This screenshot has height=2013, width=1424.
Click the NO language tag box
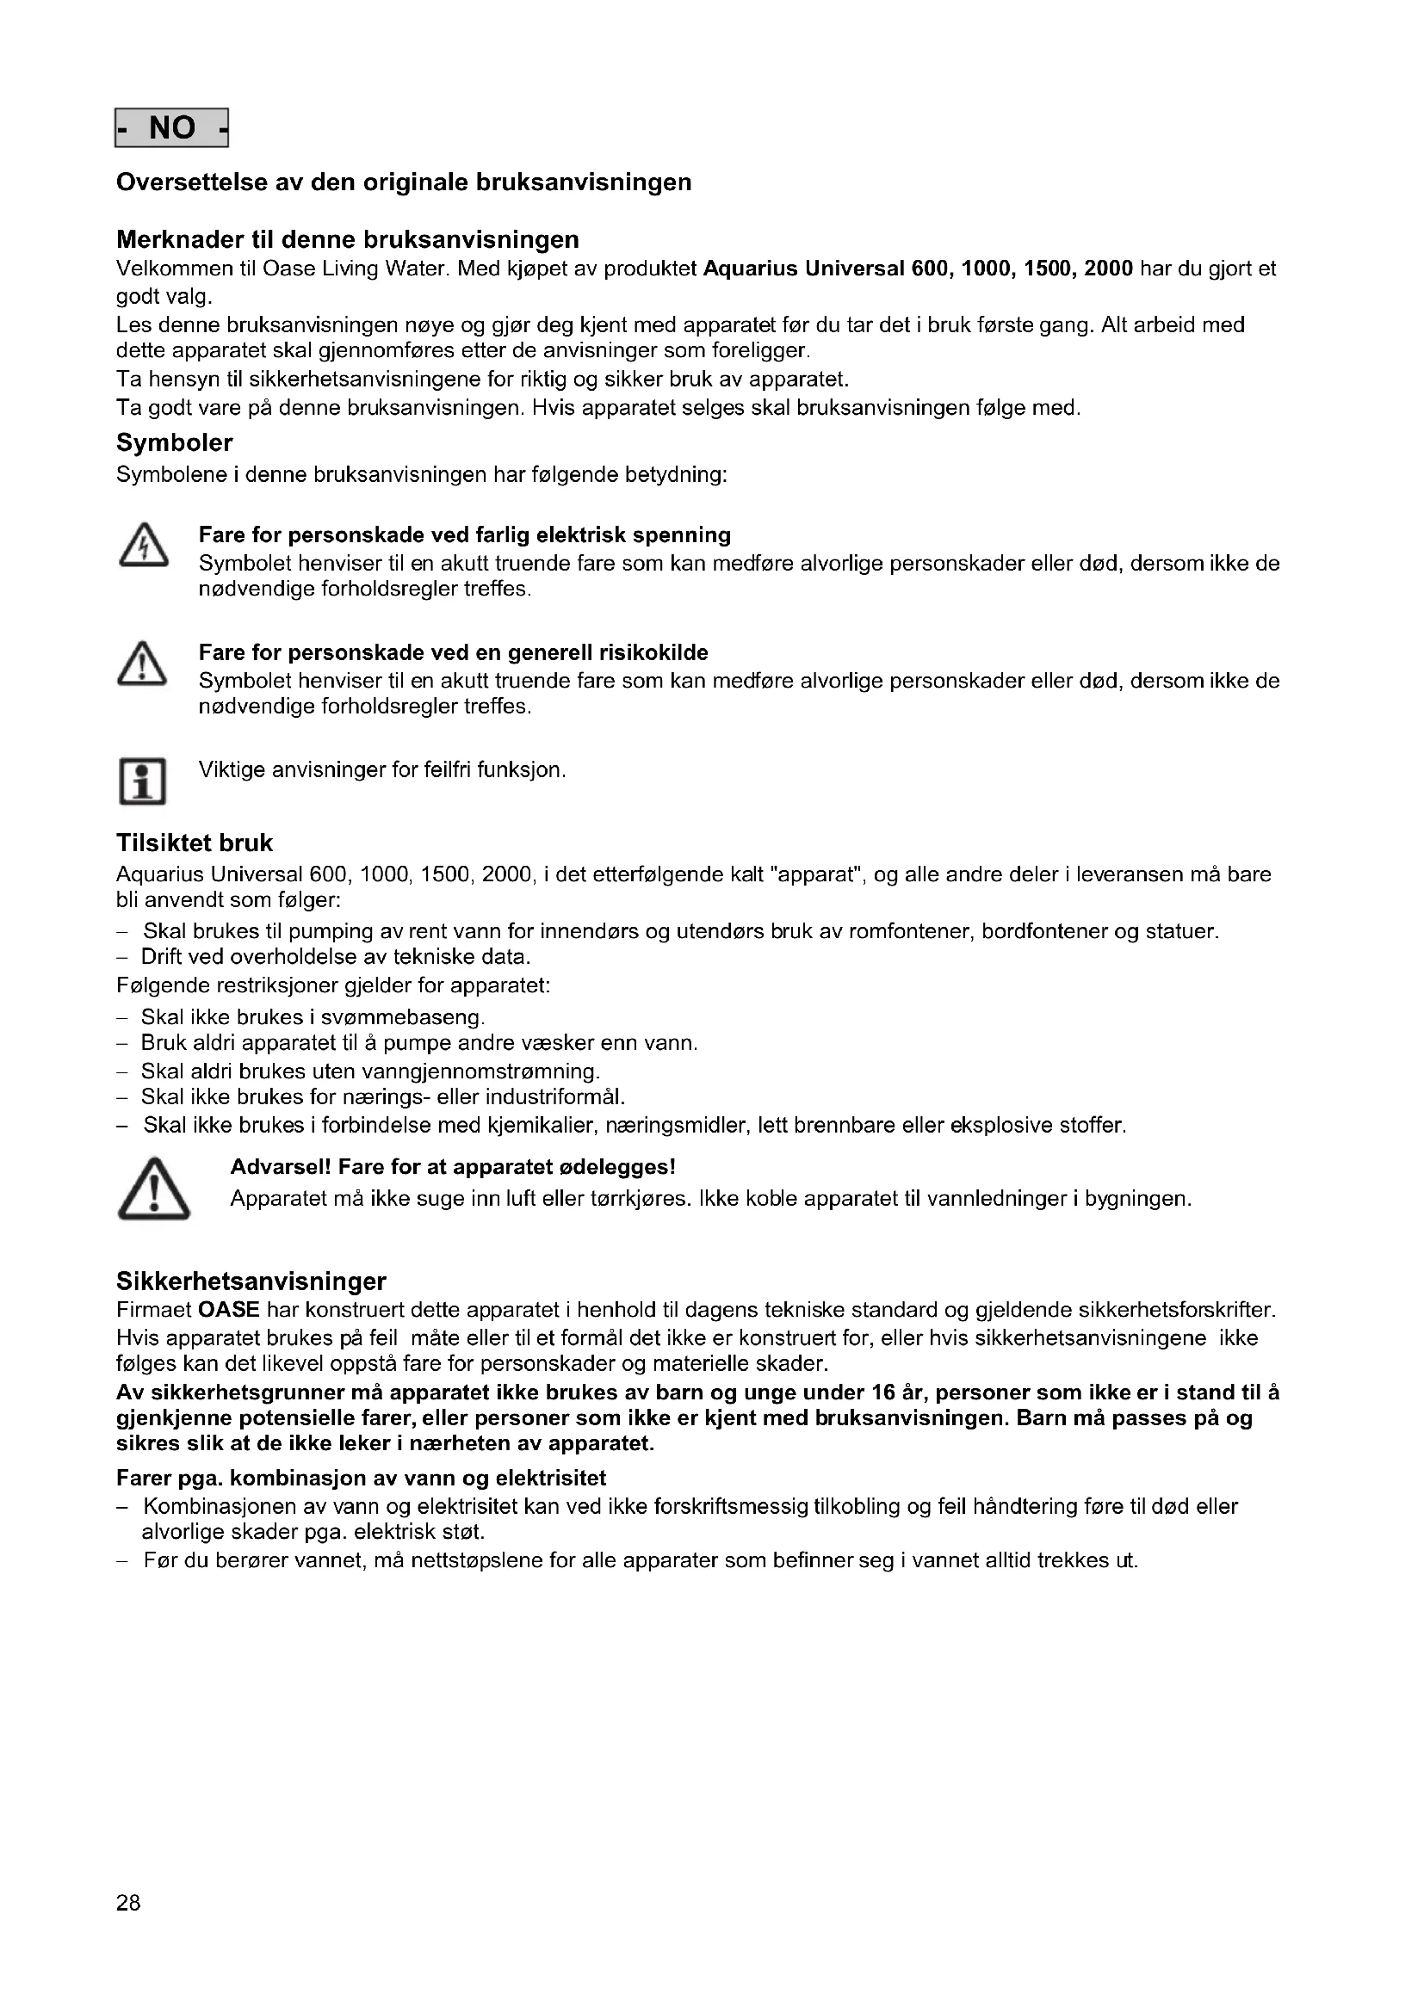pyautogui.click(x=172, y=128)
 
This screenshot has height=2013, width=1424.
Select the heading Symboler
pyautogui.click(x=175, y=442)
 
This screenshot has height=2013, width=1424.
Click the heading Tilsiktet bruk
pyautogui.click(x=195, y=843)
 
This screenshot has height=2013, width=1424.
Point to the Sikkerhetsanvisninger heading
pyautogui.click(x=251, y=1281)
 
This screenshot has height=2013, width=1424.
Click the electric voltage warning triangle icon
pyautogui.click(x=143, y=548)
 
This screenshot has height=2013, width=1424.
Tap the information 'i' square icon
pyautogui.click(x=142, y=781)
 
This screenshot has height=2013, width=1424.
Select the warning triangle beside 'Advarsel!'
pyautogui.click(x=153, y=1189)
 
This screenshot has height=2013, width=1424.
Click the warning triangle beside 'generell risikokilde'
pyautogui.click(x=142, y=664)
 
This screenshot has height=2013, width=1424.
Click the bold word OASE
pyautogui.click(x=229, y=1311)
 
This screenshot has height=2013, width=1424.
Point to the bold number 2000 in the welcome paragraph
pyautogui.click(x=1108, y=269)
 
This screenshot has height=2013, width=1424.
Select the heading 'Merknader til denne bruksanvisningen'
pyautogui.click(x=347, y=239)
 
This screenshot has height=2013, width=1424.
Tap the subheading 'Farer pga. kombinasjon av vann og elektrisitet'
pyautogui.click(x=362, y=1479)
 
